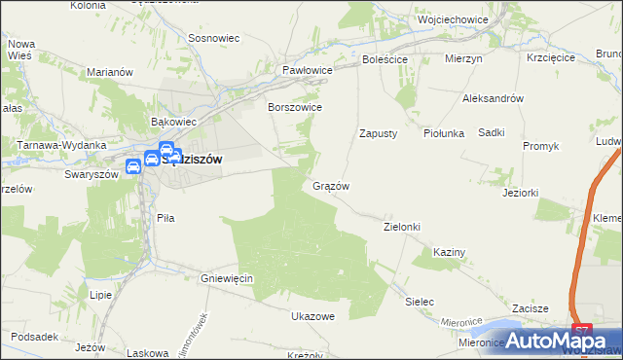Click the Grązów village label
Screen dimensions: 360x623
(331, 186)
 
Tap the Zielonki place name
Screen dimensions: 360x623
(401, 227)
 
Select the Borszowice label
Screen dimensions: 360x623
(295, 107)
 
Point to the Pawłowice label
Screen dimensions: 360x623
(308, 71)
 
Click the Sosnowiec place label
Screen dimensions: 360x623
(214, 39)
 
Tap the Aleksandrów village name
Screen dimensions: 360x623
(494, 99)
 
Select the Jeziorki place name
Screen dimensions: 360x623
(521, 193)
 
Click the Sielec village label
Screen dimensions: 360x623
(419, 302)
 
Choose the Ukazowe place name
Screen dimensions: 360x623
(312, 316)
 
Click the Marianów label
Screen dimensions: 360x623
(109, 72)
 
